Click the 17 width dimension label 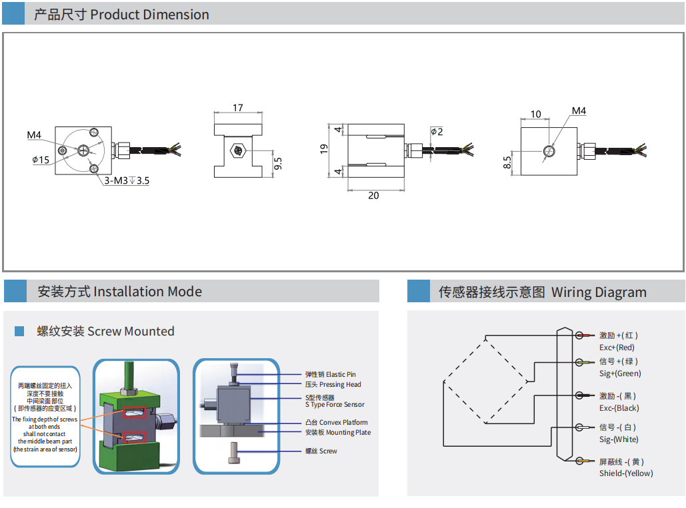coord(237,107)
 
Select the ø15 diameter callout coord(41,160)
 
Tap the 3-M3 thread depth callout coord(127,180)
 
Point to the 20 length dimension coord(373,196)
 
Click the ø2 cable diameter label coord(437,131)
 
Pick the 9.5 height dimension coord(278,164)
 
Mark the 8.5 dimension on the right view coord(507,162)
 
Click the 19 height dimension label coord(324,149)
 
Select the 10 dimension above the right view coord(535,114)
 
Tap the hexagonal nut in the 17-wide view coord(238,151)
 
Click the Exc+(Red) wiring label coord(617,348)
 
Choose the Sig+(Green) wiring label coord(620,374)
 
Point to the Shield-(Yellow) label coord(626,473)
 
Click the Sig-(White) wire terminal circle coord(579,427)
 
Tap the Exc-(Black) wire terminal coord(579,395)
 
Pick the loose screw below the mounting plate coord(234,453)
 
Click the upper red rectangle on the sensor coord(134,412)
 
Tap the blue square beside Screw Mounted coord(19,332)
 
